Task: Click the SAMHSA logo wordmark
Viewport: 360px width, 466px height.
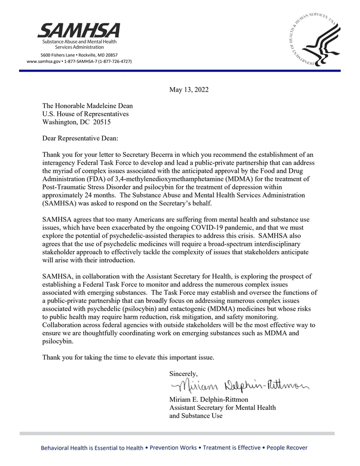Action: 78,30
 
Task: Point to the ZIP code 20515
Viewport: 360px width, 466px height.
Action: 100,122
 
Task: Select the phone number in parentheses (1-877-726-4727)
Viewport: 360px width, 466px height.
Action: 113,61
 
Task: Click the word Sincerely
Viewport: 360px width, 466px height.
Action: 184,373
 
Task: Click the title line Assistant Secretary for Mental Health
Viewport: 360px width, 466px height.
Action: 222,407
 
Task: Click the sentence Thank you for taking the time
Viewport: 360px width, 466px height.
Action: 128,357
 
